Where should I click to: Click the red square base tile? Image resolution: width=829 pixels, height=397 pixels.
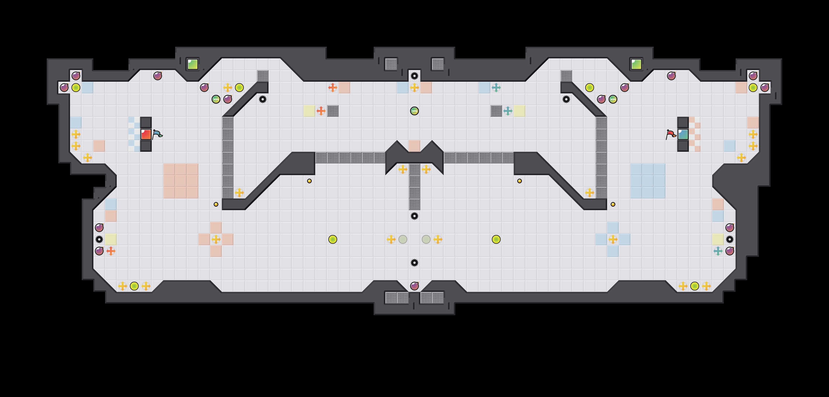pos(146,134)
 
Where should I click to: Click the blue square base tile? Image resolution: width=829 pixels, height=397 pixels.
pos(683,134)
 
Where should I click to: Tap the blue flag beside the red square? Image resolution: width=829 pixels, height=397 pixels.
pos(157,134)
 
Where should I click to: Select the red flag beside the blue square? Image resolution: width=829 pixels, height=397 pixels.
pos(671,134)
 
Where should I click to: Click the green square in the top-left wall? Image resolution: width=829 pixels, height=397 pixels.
pos(192,64)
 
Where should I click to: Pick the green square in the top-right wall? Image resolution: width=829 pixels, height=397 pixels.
pos(636,64)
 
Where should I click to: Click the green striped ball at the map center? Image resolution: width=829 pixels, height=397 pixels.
pos(414,111)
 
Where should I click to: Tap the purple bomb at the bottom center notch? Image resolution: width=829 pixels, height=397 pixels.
pos(414,286)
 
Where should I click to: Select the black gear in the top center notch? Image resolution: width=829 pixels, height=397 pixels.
pos(414,76)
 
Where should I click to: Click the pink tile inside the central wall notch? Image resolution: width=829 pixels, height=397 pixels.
pos(414,146)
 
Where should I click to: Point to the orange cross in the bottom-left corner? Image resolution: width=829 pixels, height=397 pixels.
pos(111,251)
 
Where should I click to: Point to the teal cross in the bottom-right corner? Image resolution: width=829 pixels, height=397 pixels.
pos(718,251)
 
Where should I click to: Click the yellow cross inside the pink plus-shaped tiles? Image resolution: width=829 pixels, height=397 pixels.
pos(216,239)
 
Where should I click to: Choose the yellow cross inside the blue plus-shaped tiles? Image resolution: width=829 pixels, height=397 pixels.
pos(613,239)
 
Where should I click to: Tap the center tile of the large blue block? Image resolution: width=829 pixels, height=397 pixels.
pos(648,181)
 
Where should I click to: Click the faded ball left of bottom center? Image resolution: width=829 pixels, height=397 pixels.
pos(403,239)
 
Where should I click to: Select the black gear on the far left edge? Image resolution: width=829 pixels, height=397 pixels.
pos(99,239)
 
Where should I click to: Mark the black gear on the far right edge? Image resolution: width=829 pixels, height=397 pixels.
pos(729,239)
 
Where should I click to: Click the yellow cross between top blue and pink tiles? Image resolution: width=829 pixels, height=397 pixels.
pos(414,88)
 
